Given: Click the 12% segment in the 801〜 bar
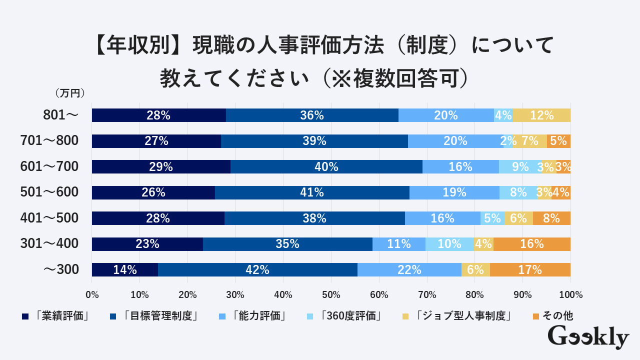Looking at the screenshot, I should [x=541, y=115].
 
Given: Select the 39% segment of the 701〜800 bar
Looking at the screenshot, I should [x=314, y=141].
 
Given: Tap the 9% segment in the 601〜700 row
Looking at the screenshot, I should [x=520, y=167].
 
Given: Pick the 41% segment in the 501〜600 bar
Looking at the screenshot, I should [x=312, y=192].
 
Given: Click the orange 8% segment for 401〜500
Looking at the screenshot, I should [x=551, y=218].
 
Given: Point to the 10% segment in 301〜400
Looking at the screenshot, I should [x=449, y=244].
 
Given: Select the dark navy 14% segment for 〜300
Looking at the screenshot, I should [x=125, y=270].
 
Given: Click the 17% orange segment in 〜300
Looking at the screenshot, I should [x=530, y=270].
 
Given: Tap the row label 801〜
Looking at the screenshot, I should [x=60, y=115].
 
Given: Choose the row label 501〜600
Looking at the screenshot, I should [x=49, y=192].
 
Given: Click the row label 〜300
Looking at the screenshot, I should [x=61, y=270].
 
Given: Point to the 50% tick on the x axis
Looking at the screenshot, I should [x=331, y=295].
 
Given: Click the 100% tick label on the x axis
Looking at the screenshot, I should [x=570, y=295].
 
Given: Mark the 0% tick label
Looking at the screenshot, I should [x=92, y=295].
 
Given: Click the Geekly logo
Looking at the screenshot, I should [x=588, y=337].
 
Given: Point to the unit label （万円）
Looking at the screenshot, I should [x=69, y=93].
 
